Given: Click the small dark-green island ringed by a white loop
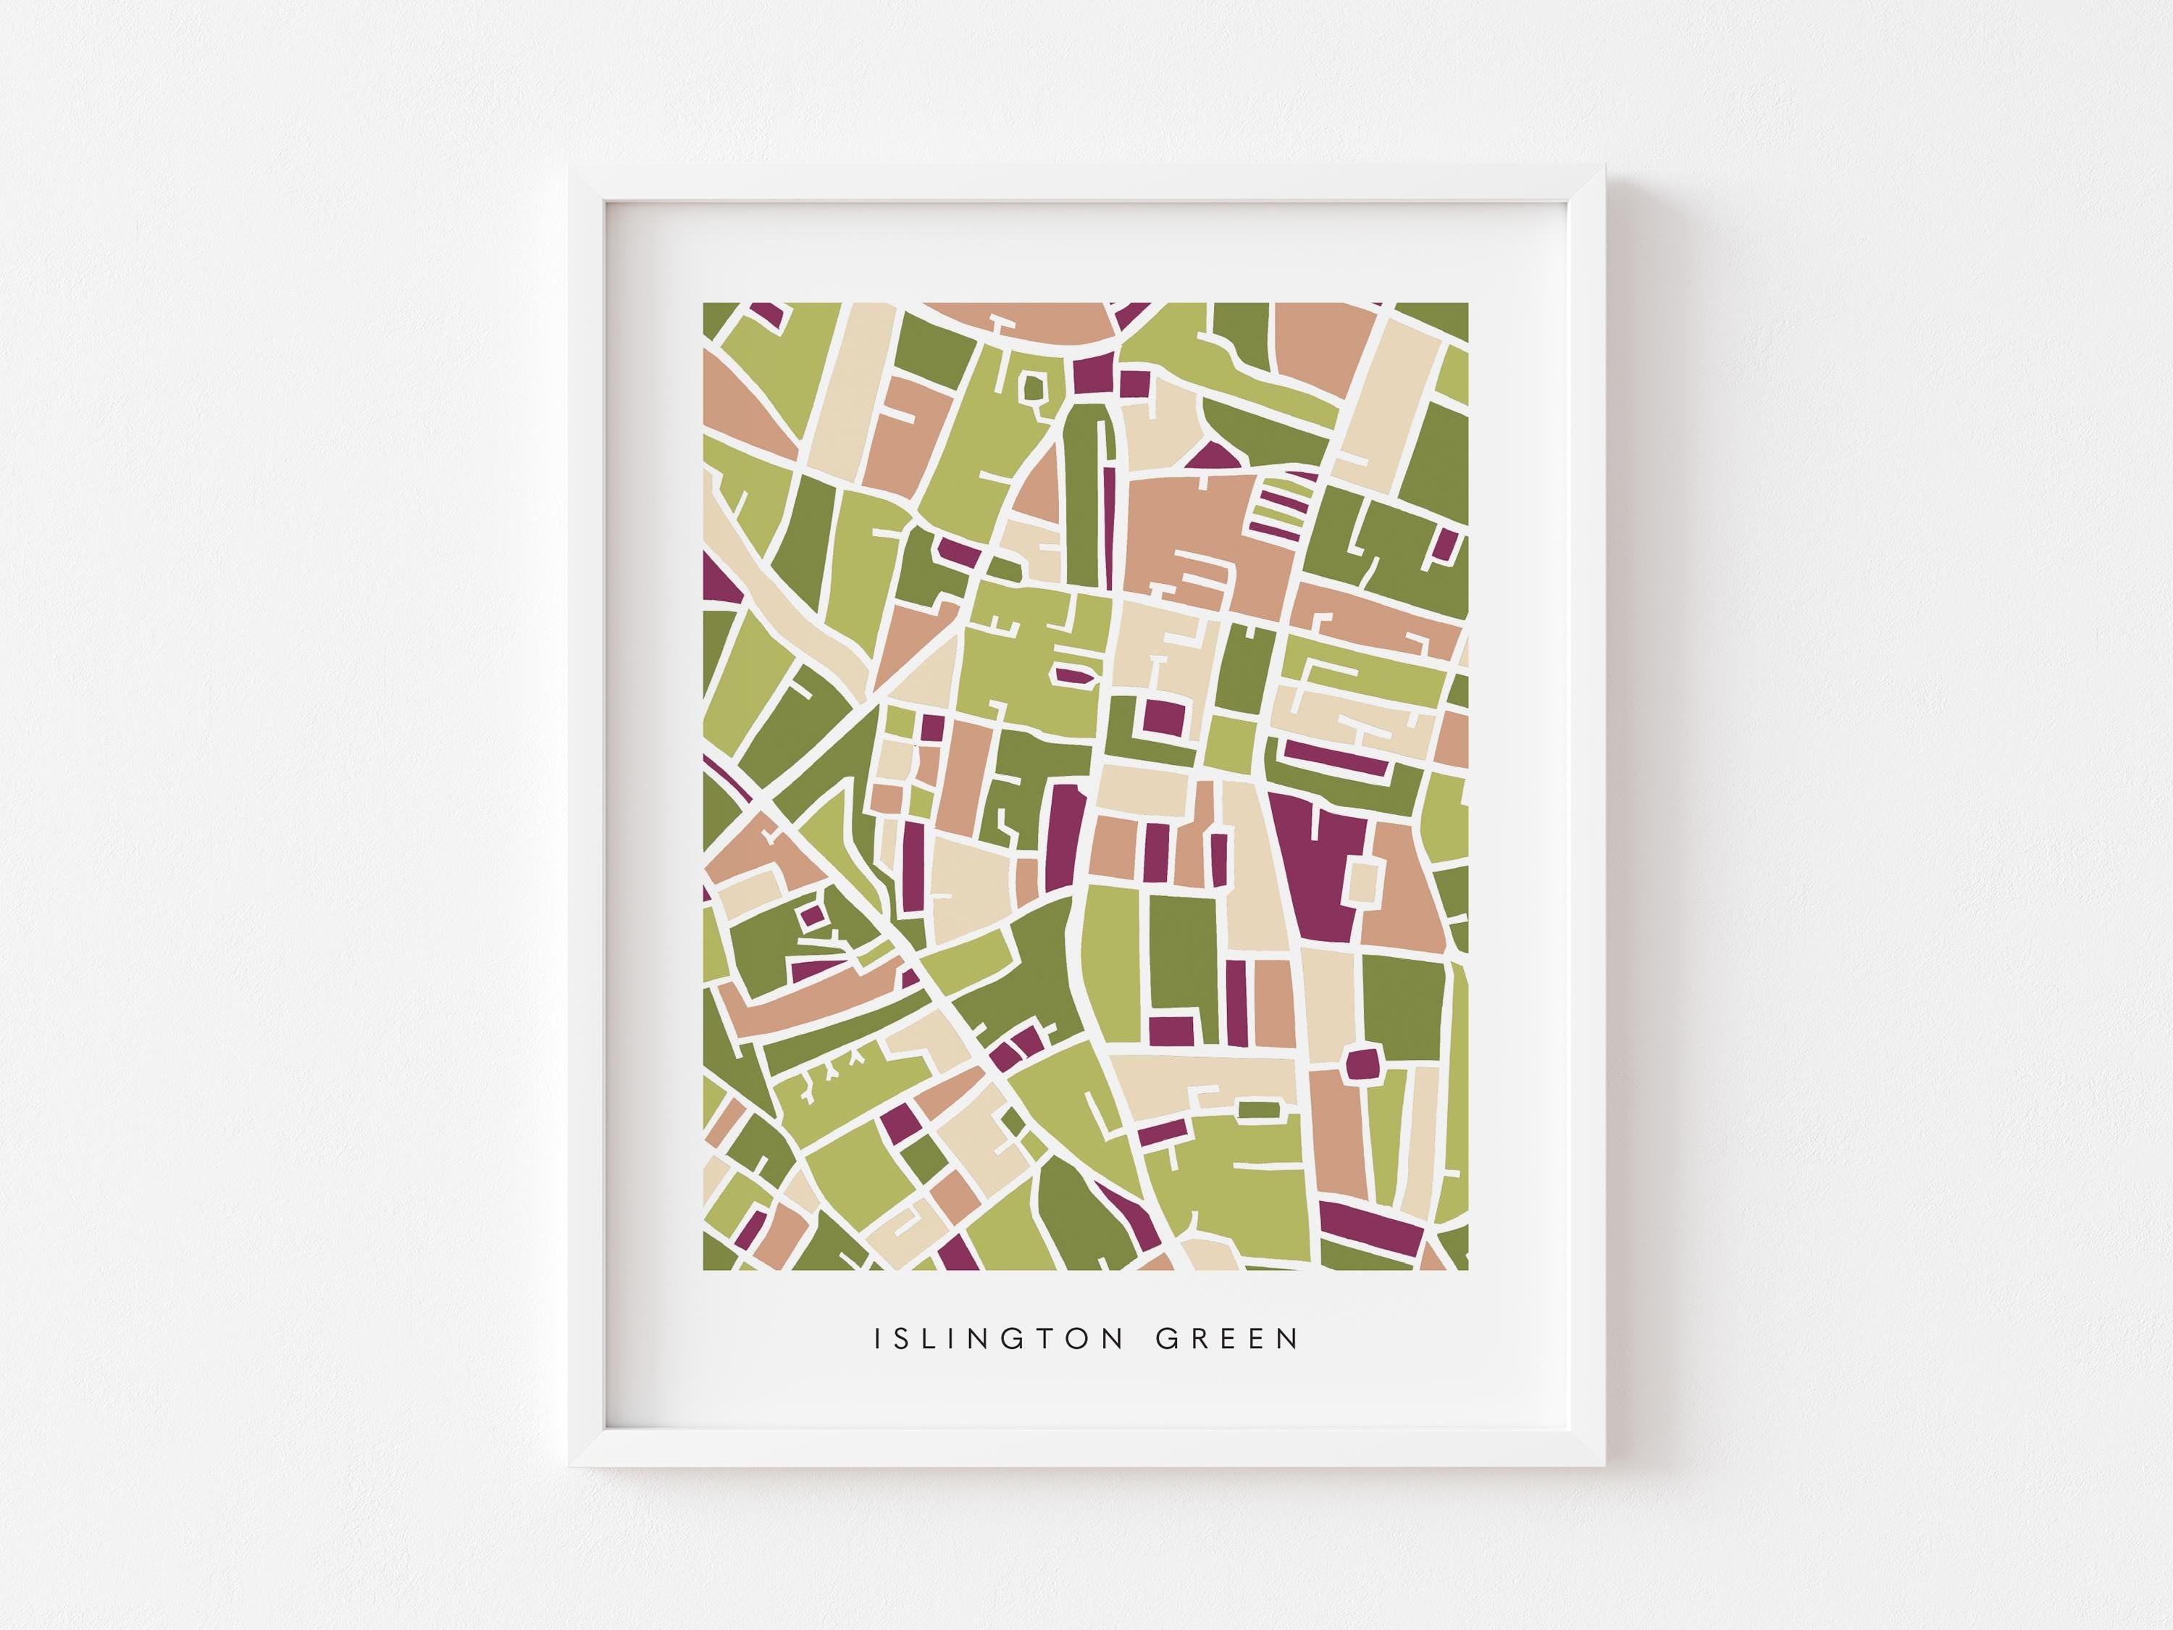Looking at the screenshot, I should click(1034, 389).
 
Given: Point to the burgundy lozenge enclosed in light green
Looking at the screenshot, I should click(1073, 676).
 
